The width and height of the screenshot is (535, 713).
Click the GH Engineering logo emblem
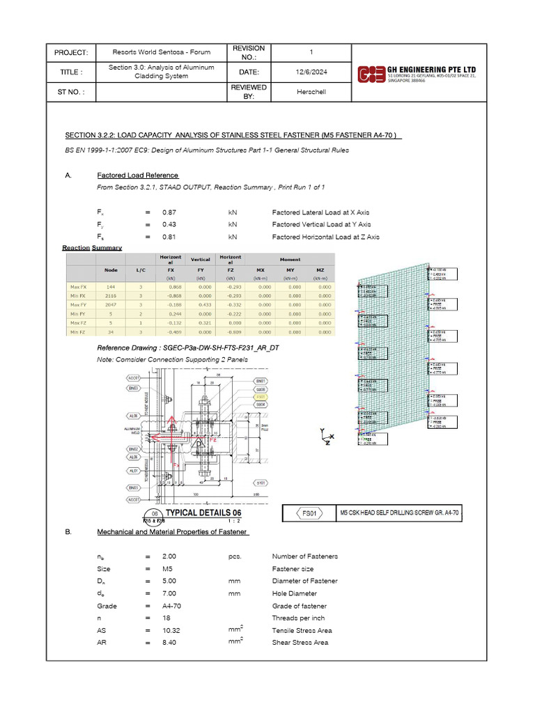pyautogui.click(x=371, y=74)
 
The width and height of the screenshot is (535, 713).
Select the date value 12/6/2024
pyautogui.click(x=311, y=71)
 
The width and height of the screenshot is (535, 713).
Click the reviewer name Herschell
pyautogui.click(x=311, y=92)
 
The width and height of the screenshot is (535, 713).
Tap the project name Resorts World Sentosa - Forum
pyautogui.click(x=162, y=53)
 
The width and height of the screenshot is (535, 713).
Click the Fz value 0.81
pyautogui.click(x=169, y=237)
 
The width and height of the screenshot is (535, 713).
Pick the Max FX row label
pyautogui.click(x=79, y=285)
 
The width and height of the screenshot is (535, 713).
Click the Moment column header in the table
pyautogui.click(x=290, y=258)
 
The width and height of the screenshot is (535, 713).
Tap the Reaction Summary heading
pyautogui.click(x=92, y=248)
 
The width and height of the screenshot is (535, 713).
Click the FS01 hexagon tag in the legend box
pyautogui.click(x=309, y=513)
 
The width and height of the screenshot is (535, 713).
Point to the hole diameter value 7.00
pyautogui.click(x=171, y=593)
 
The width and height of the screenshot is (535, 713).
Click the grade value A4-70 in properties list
pyautogui.click(x=171, y=606)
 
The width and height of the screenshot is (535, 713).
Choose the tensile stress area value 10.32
pyautogui.click(x=171, y=630)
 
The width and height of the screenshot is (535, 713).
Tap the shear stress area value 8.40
pyautogui.click(x=171, y=642)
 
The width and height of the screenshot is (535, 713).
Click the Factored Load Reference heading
pyautogui.click(x=138, y=175)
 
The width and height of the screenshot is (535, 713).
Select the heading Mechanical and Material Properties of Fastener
pyautogui.click(x=173, y=532)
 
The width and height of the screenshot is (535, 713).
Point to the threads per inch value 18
pyautogui.click(x=166, y=618)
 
